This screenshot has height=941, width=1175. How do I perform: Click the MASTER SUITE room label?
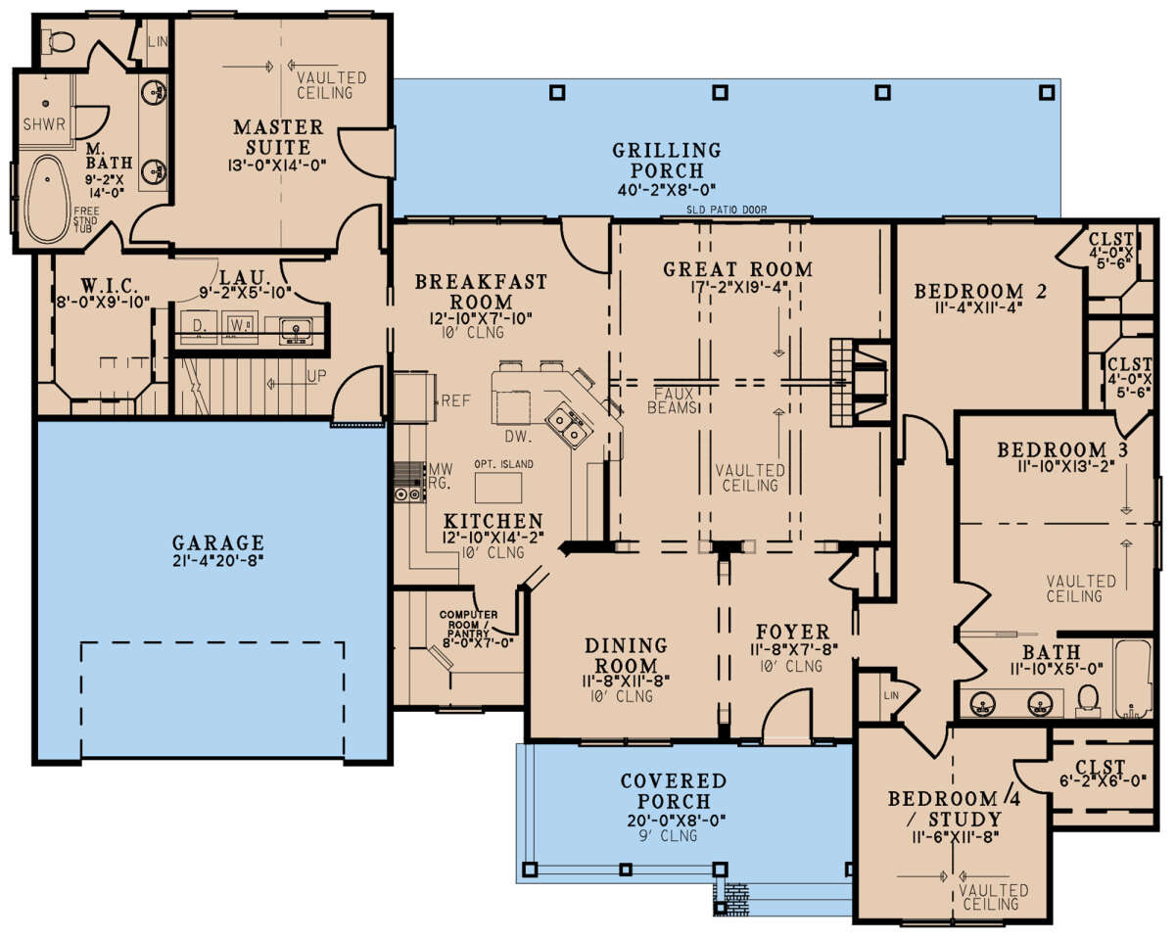(278, 138)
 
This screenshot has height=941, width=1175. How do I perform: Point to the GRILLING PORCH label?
(667, 161)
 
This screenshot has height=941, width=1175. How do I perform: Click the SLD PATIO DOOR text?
(728, 210)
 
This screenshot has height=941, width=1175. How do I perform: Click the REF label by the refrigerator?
(455, 400)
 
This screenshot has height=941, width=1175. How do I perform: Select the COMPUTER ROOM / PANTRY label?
(468, 629)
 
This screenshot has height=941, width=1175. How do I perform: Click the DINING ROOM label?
(627, 656)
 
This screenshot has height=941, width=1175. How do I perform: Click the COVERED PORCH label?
(674, 791)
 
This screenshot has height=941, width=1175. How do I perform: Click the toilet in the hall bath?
(1086, 697)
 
